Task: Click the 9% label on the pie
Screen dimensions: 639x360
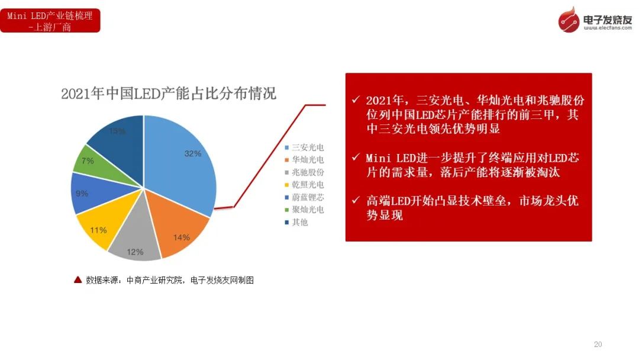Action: (x=82, y=193)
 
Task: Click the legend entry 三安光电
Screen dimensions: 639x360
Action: (x=305, y=147)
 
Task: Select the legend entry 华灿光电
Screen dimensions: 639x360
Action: (x=305, y=159)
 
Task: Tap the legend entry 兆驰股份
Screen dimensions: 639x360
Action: (x=305, y=172)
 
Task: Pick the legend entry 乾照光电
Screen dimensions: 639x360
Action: (x=305, y=185)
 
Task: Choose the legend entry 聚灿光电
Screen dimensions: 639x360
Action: (x=305, y=210)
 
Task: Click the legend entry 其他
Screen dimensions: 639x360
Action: (x=296, y=222)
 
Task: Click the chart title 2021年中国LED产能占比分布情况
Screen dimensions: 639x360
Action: (x=169, y=94)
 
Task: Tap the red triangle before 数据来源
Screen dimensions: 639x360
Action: (x=78, y=279)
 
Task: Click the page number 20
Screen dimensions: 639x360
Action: (x=598, y=345)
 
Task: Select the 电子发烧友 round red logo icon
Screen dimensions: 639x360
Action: (x=569, y=20)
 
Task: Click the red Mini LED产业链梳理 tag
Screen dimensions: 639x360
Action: (x=50, y=21)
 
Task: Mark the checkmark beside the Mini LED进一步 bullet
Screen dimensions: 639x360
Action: (x=356, y=157)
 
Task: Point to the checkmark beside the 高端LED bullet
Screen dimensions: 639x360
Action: (x=356, y=200)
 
